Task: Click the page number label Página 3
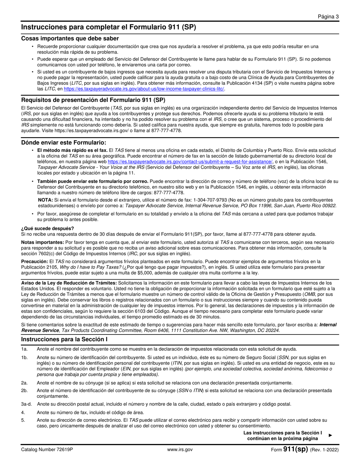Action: pos(328,16)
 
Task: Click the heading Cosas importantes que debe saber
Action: pos(70,38)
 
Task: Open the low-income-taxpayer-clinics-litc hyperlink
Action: pos(144,89)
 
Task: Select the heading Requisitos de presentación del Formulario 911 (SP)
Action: pos(93,100)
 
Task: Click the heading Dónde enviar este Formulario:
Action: pos(64,142)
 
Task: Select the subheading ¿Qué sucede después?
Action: pos(47,228)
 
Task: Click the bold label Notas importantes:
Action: pos(42,242)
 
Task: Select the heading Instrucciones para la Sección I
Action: pos(64,339)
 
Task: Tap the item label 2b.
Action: pos(25,390)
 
